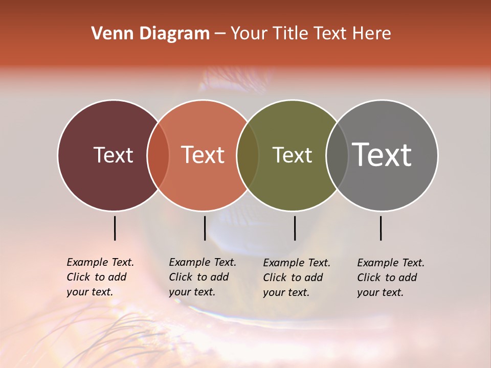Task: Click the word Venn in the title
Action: point(111,34)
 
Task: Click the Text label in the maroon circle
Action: point(113,155)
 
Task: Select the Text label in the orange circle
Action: point(203,155)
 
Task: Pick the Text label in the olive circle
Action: point(292,155)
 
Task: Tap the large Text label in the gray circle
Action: point(382,155)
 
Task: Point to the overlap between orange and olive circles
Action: point(248,155)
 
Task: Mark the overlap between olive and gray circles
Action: point(337,155)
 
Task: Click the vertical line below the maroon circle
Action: point(115,228)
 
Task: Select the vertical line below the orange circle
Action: point(205,228)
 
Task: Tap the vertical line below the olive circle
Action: point(295,228)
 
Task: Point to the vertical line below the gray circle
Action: point(381,228)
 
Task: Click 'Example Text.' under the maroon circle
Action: point(100,262)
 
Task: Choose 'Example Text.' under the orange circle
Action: point(203,262)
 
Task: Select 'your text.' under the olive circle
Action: point(286,293)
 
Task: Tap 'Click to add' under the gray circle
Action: point(387,278)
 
